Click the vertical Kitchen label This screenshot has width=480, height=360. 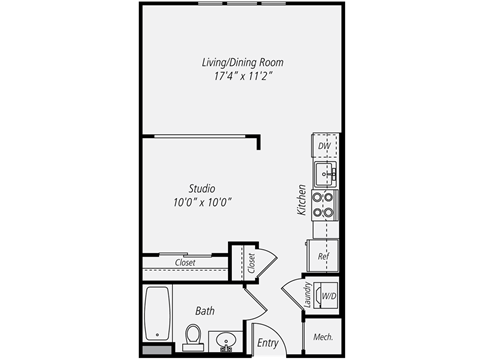[299, 200]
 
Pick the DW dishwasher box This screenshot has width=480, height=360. [324, 146]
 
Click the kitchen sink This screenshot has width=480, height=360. [326, 173]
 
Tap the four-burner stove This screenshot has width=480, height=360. [325, 204]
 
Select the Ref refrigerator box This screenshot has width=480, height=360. [324, 256]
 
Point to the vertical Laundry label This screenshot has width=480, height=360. [307, 296]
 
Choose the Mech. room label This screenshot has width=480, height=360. [323, 338]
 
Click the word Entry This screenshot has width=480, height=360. [267, 343]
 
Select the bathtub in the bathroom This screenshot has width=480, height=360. [158, 315]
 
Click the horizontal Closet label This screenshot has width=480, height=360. [185, 263]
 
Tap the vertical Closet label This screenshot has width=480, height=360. [250, 264]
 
